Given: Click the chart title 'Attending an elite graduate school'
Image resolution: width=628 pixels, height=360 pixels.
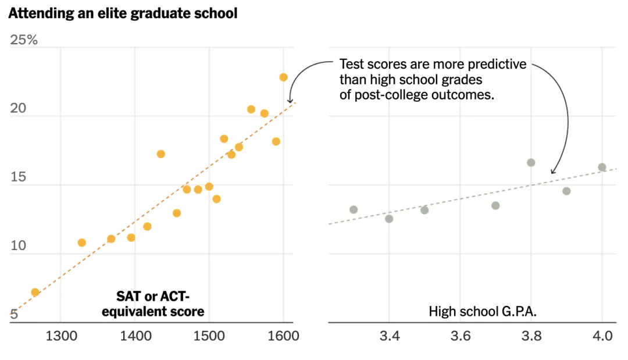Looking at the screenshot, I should click(x=123, y=13).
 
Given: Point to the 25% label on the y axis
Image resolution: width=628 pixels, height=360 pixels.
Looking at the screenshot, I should click(x=24, y=40).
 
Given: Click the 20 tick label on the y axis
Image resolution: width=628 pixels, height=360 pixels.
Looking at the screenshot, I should click(x=19, y=109).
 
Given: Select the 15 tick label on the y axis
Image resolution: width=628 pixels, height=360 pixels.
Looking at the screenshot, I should click(x=18, y=177).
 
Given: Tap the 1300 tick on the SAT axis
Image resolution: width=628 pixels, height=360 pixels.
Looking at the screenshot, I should click(x=60, y=336).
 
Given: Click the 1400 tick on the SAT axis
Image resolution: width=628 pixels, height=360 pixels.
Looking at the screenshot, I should click(x=135, y=336).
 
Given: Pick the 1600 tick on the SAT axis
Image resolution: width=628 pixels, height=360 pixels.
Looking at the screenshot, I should click(x=283, y=336).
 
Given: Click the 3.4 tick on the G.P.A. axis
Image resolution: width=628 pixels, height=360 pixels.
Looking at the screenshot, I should click(x=389, y=336).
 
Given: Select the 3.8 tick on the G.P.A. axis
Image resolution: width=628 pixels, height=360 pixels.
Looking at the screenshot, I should click(x=531, y=336).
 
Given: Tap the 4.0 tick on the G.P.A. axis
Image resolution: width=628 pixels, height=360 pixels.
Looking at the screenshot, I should click(x=602, y=336).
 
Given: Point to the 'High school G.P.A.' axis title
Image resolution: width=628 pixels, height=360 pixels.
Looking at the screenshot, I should click(x=483, y=311).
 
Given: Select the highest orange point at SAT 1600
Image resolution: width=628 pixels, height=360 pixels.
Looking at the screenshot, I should click(x=283, y=77).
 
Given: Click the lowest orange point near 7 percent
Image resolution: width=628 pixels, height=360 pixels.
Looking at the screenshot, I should click(x=35, y=292).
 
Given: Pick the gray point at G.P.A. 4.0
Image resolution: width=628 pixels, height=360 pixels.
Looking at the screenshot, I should click(x=602, y=167).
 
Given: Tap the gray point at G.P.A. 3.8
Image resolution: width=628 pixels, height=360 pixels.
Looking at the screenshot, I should click(x=531, y=163).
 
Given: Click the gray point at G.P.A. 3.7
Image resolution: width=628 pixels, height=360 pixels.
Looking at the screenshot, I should click(x=495, y=205).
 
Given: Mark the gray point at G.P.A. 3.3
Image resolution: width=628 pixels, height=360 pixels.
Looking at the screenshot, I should click(x=354, y=209).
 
